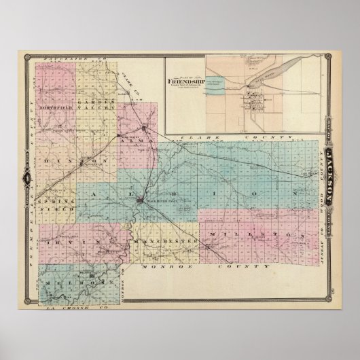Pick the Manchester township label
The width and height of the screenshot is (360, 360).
pyautogui.click(x=165, y=241)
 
